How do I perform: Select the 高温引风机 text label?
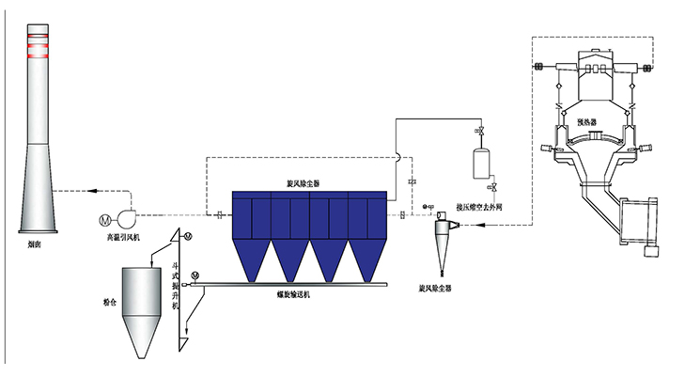tap(124, 239)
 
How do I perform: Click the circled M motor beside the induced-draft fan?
tap(104, 220)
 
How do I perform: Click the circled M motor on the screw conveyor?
tap(195, 275)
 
